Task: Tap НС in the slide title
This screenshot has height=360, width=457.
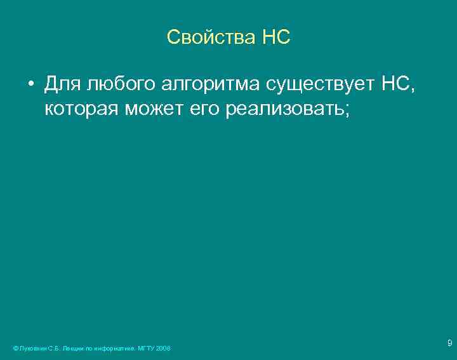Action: (x=275, y=37)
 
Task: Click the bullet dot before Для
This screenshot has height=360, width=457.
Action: (x=30, y=84)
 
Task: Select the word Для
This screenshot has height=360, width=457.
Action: (x=62, y=84)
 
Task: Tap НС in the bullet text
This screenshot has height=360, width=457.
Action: (x=396, y=83)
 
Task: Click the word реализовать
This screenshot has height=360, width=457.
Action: (x=284, y=109)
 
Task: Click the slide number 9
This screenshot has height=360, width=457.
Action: (x=449, y=343)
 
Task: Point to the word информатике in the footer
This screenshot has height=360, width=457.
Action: (x=112, y=349)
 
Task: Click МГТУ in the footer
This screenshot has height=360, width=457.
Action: (x=146, y=349)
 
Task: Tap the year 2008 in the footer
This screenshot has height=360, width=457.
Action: (x=163, y=349)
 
